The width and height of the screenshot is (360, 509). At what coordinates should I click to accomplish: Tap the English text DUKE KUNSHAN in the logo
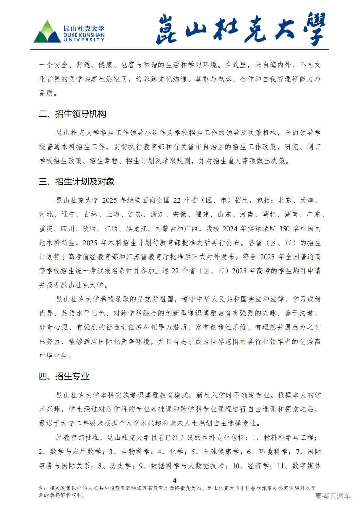[x=84, y=35]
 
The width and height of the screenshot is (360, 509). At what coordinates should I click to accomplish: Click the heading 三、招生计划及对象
[x=77, y=182]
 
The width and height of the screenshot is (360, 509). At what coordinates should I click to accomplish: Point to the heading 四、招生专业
[x=64, y=376]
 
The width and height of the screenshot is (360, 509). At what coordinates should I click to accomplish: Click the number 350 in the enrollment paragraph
[x=284, y=229]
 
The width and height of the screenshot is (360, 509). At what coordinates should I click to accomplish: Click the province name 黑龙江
[x=136, y=229]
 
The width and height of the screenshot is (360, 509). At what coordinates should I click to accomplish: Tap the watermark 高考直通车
[x=333, y=496]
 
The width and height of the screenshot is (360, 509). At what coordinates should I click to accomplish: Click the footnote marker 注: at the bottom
[x=42, y=488]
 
